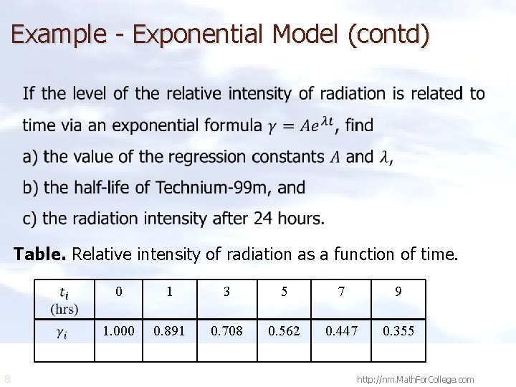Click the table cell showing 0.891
(x=169, y=331)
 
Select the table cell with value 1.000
(x=118, y=331)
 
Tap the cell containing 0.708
(x=226, y=331)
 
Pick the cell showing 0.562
(x=284, y=331)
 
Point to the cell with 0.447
(x=341, y=331)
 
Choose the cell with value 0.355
(x=398, y=331)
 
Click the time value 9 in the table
(x=398, y=292)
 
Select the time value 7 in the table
(x=341, y=292)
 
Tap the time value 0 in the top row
(x=119, y=292)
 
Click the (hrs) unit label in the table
(x=64, y=310)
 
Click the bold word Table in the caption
(x=41, y=254)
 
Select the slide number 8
(x=7, y=378)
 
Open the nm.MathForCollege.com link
(x=416, y=378)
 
